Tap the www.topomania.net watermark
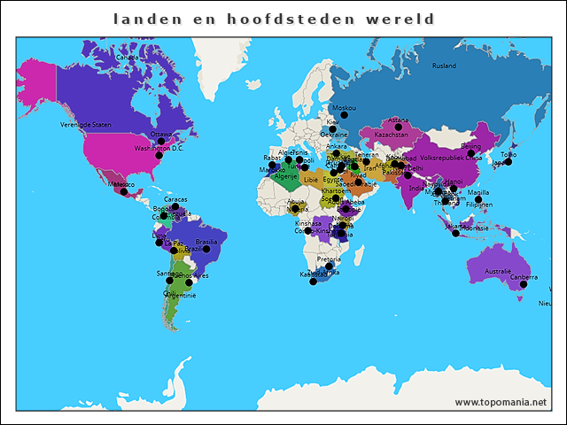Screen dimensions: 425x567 coord(501,402)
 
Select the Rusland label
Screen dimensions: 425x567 coord(444,66)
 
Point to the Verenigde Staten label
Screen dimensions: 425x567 coord(86,125)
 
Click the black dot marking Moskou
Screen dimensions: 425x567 coord(348,118)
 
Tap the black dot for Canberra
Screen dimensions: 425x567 coord(524,284)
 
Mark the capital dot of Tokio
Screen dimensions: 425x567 coord(509,162)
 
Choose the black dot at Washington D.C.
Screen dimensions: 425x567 coord(159,156)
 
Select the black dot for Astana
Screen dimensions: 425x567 coord(398,127)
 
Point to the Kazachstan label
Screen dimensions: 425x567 coord(391,135)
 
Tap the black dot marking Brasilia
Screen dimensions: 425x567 coord(206,250)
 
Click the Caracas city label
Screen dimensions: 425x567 coord(175,199)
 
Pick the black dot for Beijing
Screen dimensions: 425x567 coord(470,154)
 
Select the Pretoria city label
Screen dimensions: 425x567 coord(328,259)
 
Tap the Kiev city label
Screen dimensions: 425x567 coord(332,122)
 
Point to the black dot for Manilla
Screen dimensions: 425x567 coord(478,200)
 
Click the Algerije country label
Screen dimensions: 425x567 coord(285,176)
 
